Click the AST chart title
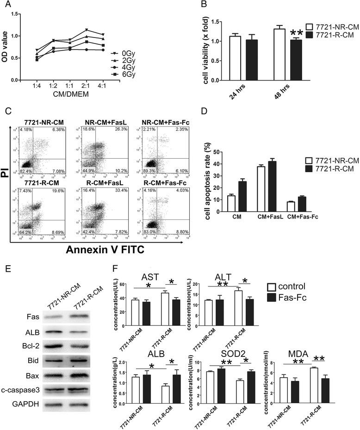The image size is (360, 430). [150, 277]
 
